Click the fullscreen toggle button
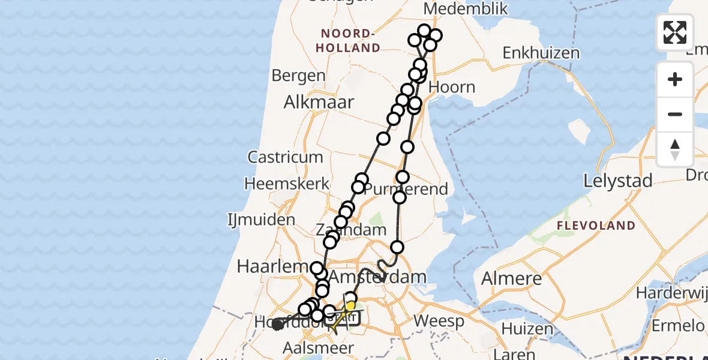click(x=675, y=32)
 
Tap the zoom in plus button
click(x=675, y=79)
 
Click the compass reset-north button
click(x=675, y=148)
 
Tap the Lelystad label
click(x=618, y=181)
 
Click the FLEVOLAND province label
click(x=596, y=226)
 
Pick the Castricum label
click(x=285, y=158)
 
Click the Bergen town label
click(x=298, y=76)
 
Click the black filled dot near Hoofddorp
click(x=277, y=325)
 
